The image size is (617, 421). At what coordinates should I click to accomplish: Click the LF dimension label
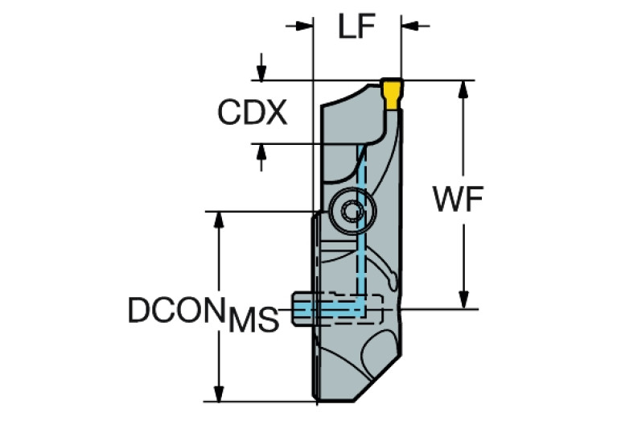[356, 28]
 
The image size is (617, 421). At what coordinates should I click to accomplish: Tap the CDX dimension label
[252, 114]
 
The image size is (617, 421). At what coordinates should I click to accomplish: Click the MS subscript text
[253, 320]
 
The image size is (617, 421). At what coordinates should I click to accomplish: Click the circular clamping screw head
[352, 211]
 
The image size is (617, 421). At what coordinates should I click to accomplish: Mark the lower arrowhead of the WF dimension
[463, 299]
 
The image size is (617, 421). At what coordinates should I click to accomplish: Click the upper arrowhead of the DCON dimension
[217, 221]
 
